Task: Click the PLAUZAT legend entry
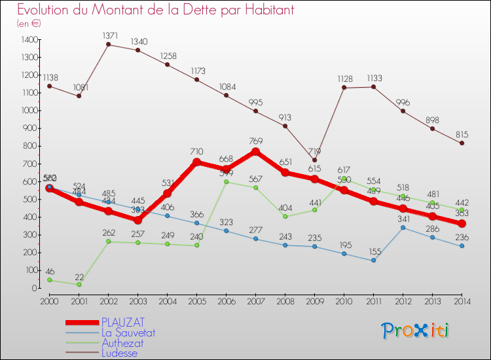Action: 123,322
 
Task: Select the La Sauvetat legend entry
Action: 128,333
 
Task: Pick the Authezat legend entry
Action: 122,343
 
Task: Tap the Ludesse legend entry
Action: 119,353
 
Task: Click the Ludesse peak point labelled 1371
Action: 108,45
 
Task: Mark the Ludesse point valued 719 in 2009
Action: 314,160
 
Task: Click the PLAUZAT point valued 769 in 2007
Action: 255,151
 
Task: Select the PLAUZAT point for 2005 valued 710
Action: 196,162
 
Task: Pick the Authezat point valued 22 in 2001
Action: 79,284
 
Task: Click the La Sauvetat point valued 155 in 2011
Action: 373,261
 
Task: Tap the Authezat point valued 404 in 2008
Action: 285,216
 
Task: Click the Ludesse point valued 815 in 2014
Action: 462,143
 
